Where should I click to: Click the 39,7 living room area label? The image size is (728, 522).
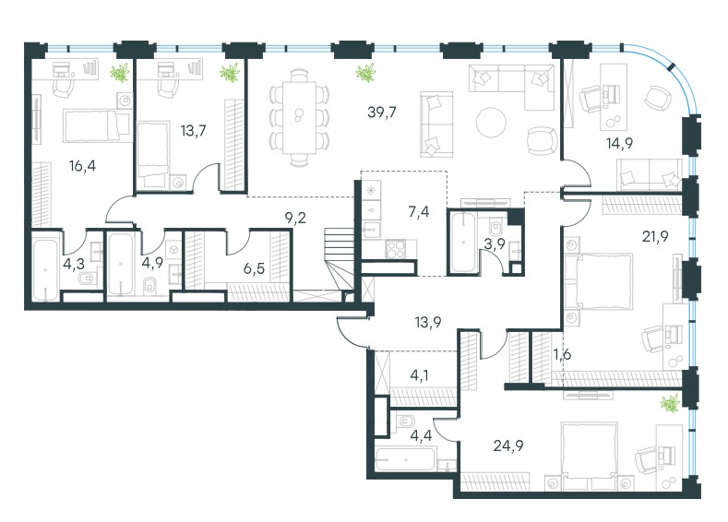click(382, 113)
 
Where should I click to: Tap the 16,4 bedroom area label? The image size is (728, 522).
click(83, 166)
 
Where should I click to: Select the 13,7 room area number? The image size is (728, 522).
click(193, 131)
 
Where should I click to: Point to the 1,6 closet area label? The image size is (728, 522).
click(562, 354)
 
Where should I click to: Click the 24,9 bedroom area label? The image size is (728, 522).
click(508, 445)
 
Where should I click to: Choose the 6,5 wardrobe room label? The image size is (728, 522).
click(254, 267)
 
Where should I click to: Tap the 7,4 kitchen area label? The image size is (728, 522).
click(419, 212)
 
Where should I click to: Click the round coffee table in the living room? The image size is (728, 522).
click(491, 122)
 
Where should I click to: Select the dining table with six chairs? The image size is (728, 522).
click(300, 118)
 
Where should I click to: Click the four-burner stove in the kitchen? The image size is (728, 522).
click(395, 248)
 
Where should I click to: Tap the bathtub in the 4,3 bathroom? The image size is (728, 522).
click(45, 268)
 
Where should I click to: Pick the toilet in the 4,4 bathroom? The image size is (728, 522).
click(406, 421)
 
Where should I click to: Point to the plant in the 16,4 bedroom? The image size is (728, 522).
click(120, 73)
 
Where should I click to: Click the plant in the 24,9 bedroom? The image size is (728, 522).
click(670, 403)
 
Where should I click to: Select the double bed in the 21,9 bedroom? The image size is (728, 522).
click(599, 281)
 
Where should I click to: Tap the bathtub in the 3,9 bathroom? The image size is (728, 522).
click(463, 243)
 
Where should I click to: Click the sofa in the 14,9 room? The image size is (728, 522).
click(649, 175)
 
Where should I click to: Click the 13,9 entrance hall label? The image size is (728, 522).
click(428, 322)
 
